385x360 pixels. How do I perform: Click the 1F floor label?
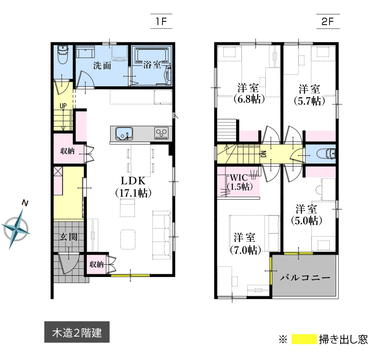pos(161,22)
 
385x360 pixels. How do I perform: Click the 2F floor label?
pos(328,22)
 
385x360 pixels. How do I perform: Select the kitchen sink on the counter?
pos(124,134)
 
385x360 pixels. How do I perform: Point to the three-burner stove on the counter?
pos(162,133)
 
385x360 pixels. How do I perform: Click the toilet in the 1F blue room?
pos(63,55)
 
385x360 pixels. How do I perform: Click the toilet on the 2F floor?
pos(326,154)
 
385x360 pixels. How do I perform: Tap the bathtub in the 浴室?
pos(151,55)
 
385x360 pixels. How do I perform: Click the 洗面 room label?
pos(102,65)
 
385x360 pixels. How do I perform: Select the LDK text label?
pos(133,181)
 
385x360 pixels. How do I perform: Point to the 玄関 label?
pos(69,237)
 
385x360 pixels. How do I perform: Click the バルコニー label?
pos(305,278)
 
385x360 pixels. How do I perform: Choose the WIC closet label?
pos(239,177)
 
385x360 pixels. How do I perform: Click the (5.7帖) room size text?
pos(310,101)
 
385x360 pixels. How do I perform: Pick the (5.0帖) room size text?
pos(307,221)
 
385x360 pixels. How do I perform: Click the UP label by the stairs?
pos(63,106)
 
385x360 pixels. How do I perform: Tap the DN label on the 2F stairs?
pos(264,154)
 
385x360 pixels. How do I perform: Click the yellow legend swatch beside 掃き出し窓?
pos(304,339)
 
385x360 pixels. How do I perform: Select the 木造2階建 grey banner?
pos(77,332)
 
